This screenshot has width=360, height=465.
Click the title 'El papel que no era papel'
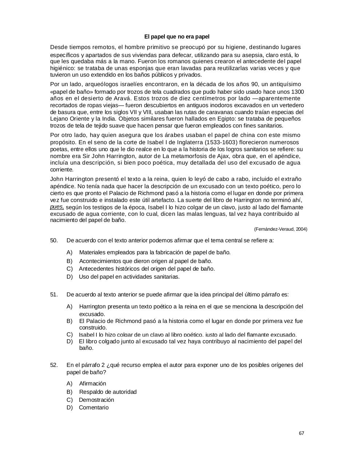tap(177, 37)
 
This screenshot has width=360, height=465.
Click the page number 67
tap(301, 433)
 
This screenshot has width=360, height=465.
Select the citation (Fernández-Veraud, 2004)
tap(280, 229)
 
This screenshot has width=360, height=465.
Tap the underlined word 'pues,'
tap(57, 207)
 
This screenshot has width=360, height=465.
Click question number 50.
tap(54, 240)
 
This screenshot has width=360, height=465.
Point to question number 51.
tap(54, 294)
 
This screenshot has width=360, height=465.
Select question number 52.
tap(54, 365)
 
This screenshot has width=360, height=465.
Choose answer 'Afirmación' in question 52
tap(92, 383)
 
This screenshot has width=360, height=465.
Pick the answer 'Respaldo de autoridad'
tap(108, 392)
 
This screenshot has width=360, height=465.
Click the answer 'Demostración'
tap(96, 400)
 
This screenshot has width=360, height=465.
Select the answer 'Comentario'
tap(93, 407)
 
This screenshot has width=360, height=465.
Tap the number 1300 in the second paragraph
tap(298, 92)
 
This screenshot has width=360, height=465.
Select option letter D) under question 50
tap(69, 276)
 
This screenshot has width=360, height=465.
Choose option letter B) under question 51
tap(69, 321)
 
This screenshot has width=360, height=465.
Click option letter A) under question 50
tap(69, 252)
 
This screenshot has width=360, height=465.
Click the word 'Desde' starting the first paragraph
tap(58, 47)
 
